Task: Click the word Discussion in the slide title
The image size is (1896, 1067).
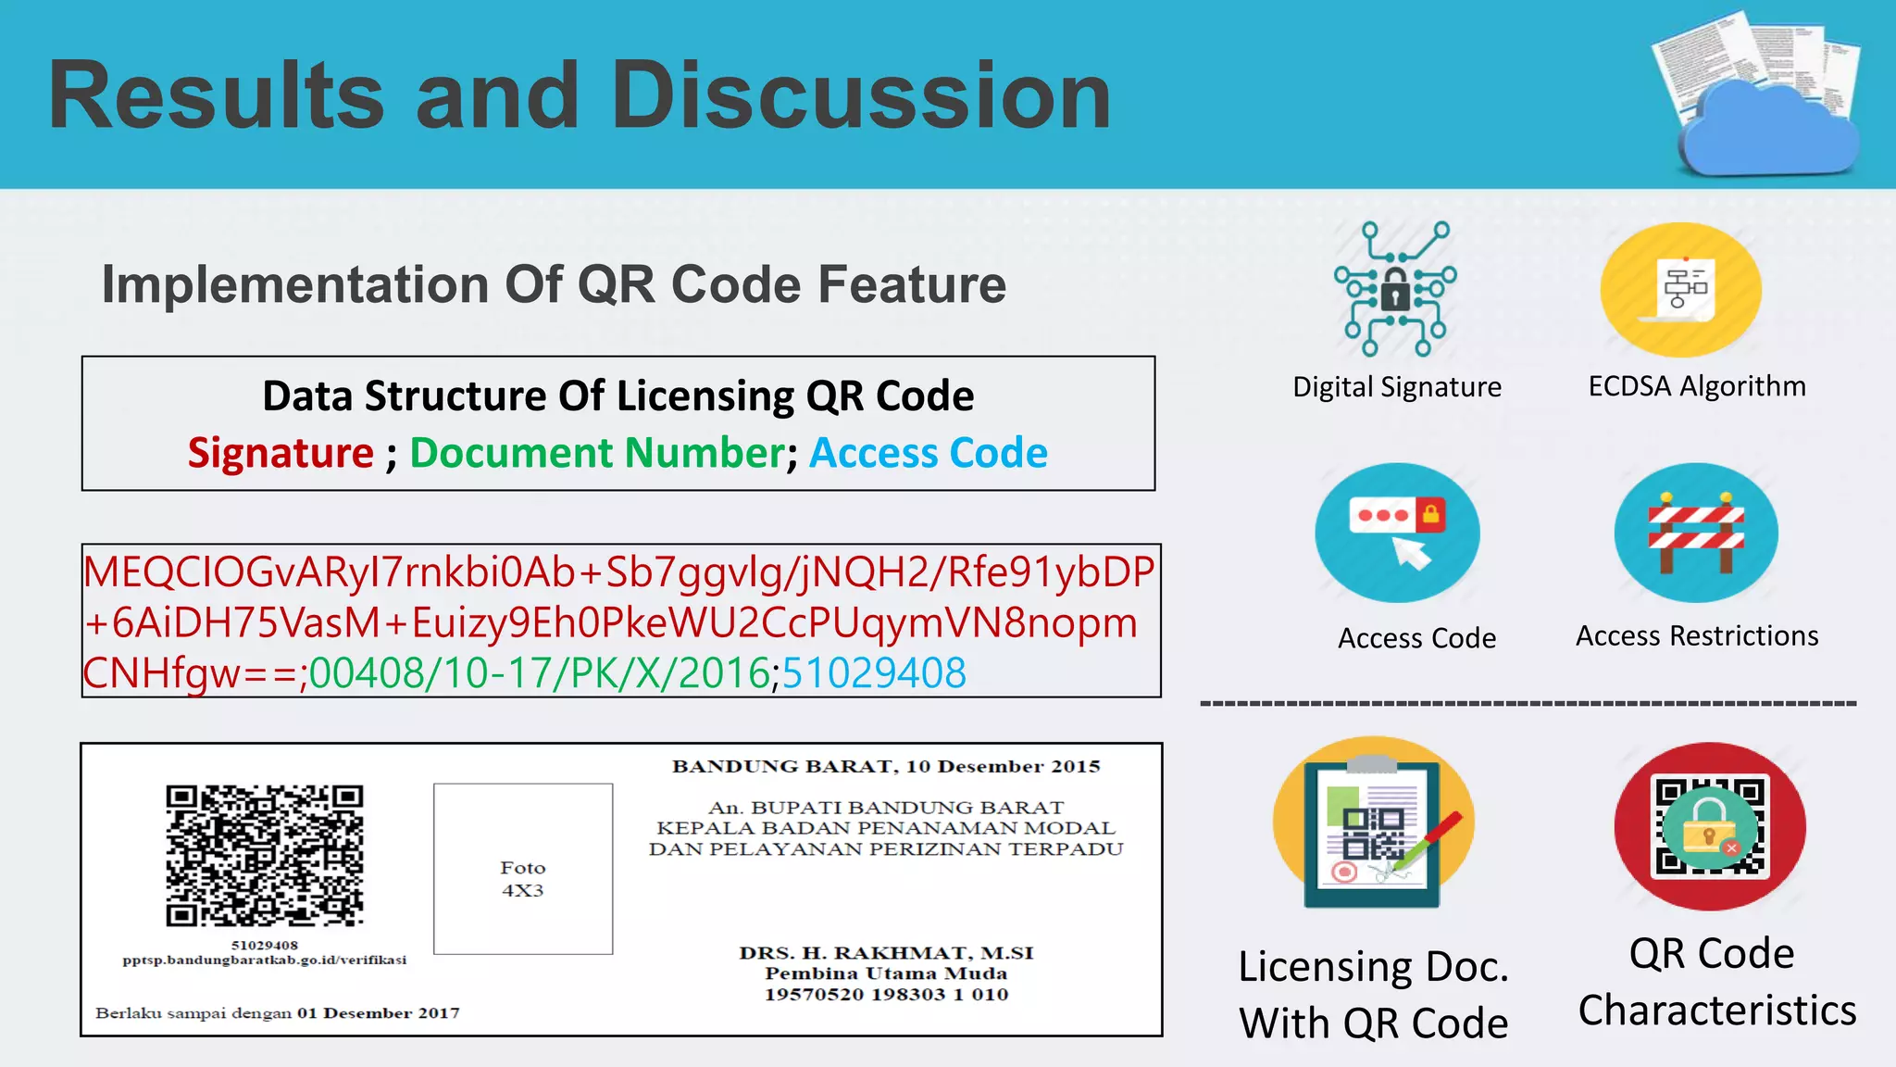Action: pyautogui.click(x=861, y=95)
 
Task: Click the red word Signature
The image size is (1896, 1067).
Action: pyautogui.click(x=281, y=453)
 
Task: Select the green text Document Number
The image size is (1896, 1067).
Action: pyautogui.click(x=597, y=453)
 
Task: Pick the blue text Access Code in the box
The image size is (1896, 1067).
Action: pyautogui.click(x=928, y=453)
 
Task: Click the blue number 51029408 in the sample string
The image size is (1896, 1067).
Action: pyautogui.click(x=874, y=672)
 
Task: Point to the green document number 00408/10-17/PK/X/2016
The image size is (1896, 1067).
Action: pyautogui.click(x=539, y=672)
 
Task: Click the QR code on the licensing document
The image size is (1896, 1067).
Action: pyautogui.click(x=265, y=855)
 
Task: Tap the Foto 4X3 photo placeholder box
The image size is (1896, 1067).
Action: pyautogui.click(x=523, y=869)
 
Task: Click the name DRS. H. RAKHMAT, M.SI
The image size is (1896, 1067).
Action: pyautogui.click(x=886, y=953)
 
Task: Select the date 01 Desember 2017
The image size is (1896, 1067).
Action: pyautogui.click(x=378, y=1013)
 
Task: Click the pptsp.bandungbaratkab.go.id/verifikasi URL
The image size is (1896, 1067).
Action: pyautogui.click(x=265, y=960)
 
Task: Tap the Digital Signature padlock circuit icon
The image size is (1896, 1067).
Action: pyautogui.click(x=1395, y=289)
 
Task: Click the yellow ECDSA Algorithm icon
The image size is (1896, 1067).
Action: pyautogui.click(x=1680, y=289)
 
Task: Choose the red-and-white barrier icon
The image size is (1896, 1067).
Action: pyautogui.click(x=1696, y=533)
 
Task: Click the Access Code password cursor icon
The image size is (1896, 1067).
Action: pyautogui.click(x=1397, y=533)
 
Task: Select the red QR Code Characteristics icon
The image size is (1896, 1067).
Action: pyautogui.click(x=1710, y=826)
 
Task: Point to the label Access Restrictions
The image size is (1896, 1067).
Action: pyautogui.click(x=1697, y=636)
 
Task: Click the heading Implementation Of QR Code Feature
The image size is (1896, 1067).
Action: pyautogui.click(x=554, y=284)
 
